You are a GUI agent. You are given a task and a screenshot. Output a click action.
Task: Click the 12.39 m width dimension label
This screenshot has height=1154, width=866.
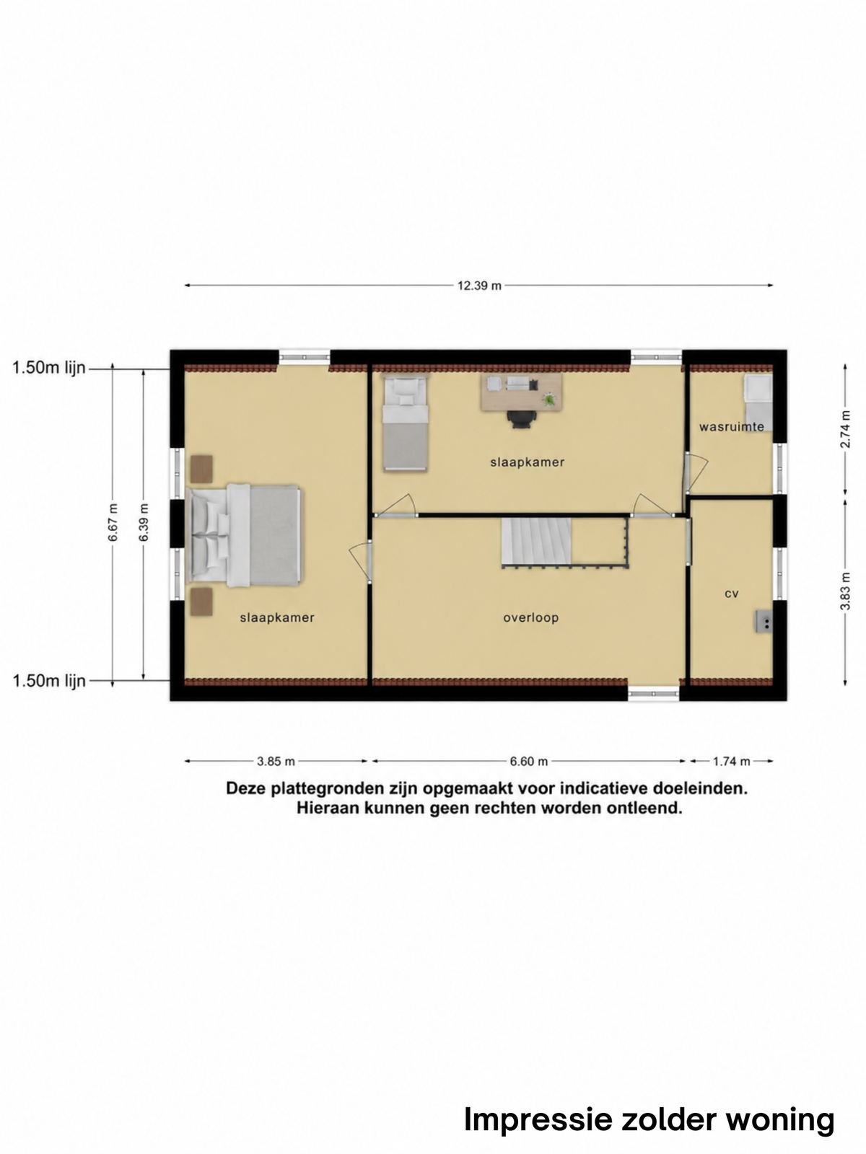point(479,286)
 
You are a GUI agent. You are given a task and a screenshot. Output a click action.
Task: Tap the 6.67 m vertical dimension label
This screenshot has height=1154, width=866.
point(113,522)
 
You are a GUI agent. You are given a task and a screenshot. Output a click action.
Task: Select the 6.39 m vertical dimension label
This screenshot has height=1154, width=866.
point(144,522)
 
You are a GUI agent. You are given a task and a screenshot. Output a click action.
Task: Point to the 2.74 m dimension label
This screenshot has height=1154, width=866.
point(845,429)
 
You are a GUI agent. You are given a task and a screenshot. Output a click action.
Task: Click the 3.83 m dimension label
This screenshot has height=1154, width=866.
point(845,591)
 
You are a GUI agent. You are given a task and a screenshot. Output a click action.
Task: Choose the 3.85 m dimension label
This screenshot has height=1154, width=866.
point(276,761)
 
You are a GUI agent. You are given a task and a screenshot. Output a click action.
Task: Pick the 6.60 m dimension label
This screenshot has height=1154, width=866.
point(528,761)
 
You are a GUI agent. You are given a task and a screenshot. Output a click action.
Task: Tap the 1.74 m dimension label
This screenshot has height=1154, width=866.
point(731,761)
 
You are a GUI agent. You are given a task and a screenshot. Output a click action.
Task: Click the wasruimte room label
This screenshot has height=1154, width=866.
point(731,426)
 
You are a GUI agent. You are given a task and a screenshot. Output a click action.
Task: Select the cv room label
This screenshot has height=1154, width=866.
point(731,594)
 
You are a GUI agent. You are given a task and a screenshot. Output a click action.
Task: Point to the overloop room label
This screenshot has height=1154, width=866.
point(530,617)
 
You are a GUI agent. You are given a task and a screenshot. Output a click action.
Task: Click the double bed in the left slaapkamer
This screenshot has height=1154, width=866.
point(245,535)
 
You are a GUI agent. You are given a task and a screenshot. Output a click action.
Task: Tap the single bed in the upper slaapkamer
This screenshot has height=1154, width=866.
point(405,423)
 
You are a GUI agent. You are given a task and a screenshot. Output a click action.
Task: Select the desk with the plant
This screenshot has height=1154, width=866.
point(521,392)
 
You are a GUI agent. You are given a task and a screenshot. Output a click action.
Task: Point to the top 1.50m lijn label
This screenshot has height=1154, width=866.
point(49,368)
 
